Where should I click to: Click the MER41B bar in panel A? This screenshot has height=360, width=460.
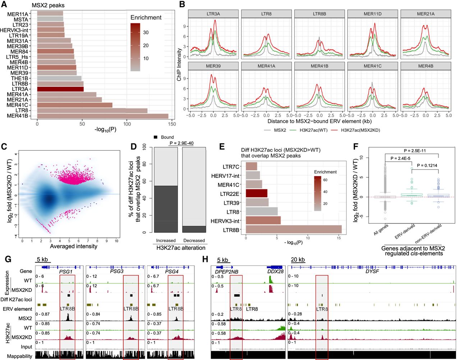tap(102, 116)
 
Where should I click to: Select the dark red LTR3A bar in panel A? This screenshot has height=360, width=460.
tap(60, 89)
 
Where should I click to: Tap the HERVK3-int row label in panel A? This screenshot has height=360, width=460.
tap(14, 30)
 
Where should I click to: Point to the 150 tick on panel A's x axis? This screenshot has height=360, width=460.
tap(172, 124)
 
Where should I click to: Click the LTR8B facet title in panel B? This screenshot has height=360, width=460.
tap(319, 14)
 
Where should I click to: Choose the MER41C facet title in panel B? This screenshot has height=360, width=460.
tap(373, 66)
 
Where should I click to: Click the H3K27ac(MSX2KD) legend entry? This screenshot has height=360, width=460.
tap(360, 130)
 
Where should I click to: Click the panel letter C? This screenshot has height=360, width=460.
tap(4, 146)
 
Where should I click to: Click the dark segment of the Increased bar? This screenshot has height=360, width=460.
tap(166, 209)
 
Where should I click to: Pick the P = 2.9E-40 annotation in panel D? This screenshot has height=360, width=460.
tap(181, 143)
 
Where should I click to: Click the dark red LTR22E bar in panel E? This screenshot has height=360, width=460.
tap(257, 193)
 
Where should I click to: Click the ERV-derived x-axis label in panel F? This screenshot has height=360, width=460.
tap(405, 231)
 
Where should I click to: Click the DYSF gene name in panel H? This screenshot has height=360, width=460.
tap(372, 271)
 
